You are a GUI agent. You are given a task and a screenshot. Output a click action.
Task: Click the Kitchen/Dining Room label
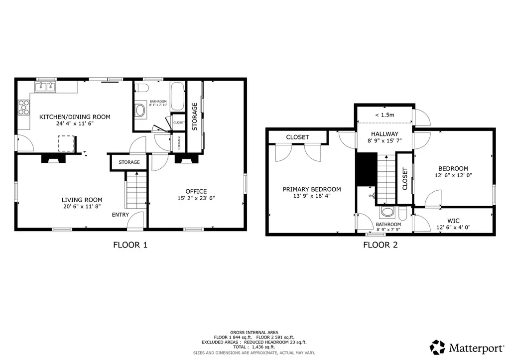click(x=75, y=117)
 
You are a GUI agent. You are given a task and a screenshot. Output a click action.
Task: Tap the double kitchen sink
click(x=45, y=87)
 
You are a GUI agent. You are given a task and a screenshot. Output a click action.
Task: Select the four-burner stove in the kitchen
click(x=24, y=108)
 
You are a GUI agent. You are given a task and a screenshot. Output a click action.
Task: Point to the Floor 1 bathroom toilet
click(x=142, y=88)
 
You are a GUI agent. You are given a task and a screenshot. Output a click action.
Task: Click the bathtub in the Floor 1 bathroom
click(x=178, y=96)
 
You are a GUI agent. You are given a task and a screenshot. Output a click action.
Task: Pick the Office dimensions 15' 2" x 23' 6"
click(x=196, y=198)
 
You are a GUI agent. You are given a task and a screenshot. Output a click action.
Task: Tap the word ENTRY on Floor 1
click(x=121, y=215)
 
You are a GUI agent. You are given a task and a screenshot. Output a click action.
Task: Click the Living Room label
click(x=82, y=200)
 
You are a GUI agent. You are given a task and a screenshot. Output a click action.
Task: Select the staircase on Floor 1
click(x=136, y=190)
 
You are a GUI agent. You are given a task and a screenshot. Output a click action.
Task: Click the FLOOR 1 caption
click(x=130, y=245)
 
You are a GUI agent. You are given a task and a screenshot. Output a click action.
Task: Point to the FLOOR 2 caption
click(x=381, y=245)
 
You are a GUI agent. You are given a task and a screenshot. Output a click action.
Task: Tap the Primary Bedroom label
click(x=312, y=189)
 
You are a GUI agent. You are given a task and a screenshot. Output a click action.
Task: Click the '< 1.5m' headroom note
click(x=384, y=115)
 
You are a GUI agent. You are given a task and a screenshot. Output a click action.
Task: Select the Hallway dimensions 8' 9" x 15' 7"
click(x=384, y=141)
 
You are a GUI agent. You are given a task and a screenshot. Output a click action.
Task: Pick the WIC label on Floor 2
click(x=453, y=221)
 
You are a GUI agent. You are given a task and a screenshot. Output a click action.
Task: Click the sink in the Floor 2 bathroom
click(x=387, y=212)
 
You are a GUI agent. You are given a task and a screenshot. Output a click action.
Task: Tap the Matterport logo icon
click(x=437, y=348)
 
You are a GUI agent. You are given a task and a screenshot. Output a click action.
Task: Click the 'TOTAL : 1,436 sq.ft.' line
click(x=254, y=347)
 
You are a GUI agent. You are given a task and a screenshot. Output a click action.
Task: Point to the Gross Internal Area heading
click(x=254, y=332)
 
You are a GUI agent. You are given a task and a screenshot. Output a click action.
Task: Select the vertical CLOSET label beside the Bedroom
click(x=405, y=179)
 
